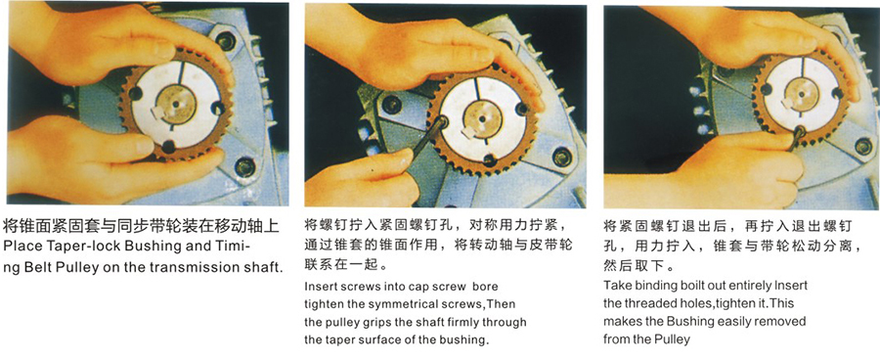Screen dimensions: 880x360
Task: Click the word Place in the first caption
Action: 21,247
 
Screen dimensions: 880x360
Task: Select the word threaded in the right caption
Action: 643,302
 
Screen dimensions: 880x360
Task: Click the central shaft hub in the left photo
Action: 176,104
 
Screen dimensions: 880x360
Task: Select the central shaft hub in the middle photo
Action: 482,118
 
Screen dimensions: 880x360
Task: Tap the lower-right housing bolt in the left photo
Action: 245,166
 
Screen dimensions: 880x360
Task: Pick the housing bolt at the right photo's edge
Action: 863,147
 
